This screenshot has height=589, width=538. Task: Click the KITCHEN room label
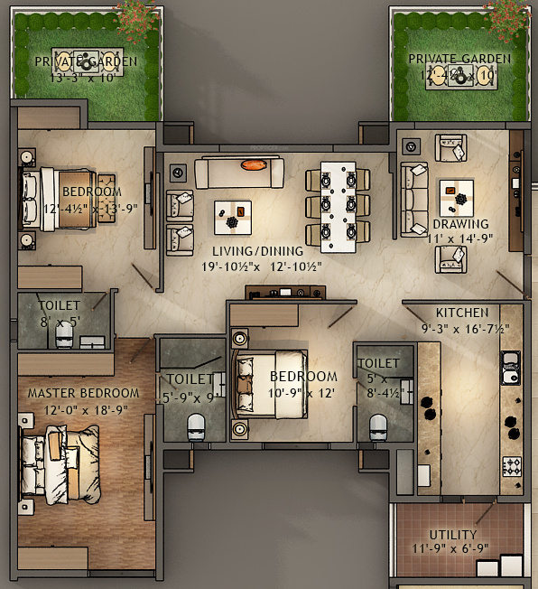tap(462, 313)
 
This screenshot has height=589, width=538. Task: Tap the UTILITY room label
tap(453, 535)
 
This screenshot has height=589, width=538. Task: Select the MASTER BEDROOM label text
tap(83, 393)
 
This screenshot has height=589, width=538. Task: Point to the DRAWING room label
tap(460, 224)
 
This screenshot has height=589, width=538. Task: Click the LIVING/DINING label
tap(250, 250)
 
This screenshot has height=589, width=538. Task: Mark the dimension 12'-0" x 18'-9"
tap(80, 409)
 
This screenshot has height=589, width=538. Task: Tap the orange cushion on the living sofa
tap(254, 164)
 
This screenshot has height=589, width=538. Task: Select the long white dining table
tap(339, 206)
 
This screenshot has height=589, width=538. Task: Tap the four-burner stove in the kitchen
tap(512, 466)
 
